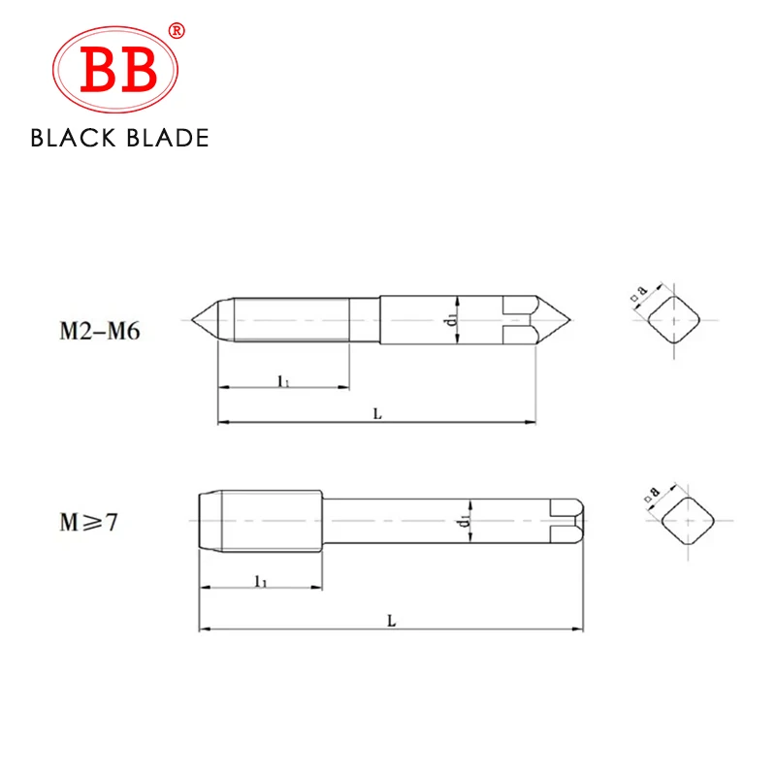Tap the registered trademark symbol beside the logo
[x=177, y=31]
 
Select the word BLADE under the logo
[x=167, y=138]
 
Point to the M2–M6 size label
[x=100, y=330]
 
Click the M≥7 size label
[x=88, y=522]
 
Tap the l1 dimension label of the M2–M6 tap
[x=283, y=380]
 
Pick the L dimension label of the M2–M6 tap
[x=377, y=414]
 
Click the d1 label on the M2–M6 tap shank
[x=451, y=320]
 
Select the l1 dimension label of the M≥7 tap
[x=261, y=581]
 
